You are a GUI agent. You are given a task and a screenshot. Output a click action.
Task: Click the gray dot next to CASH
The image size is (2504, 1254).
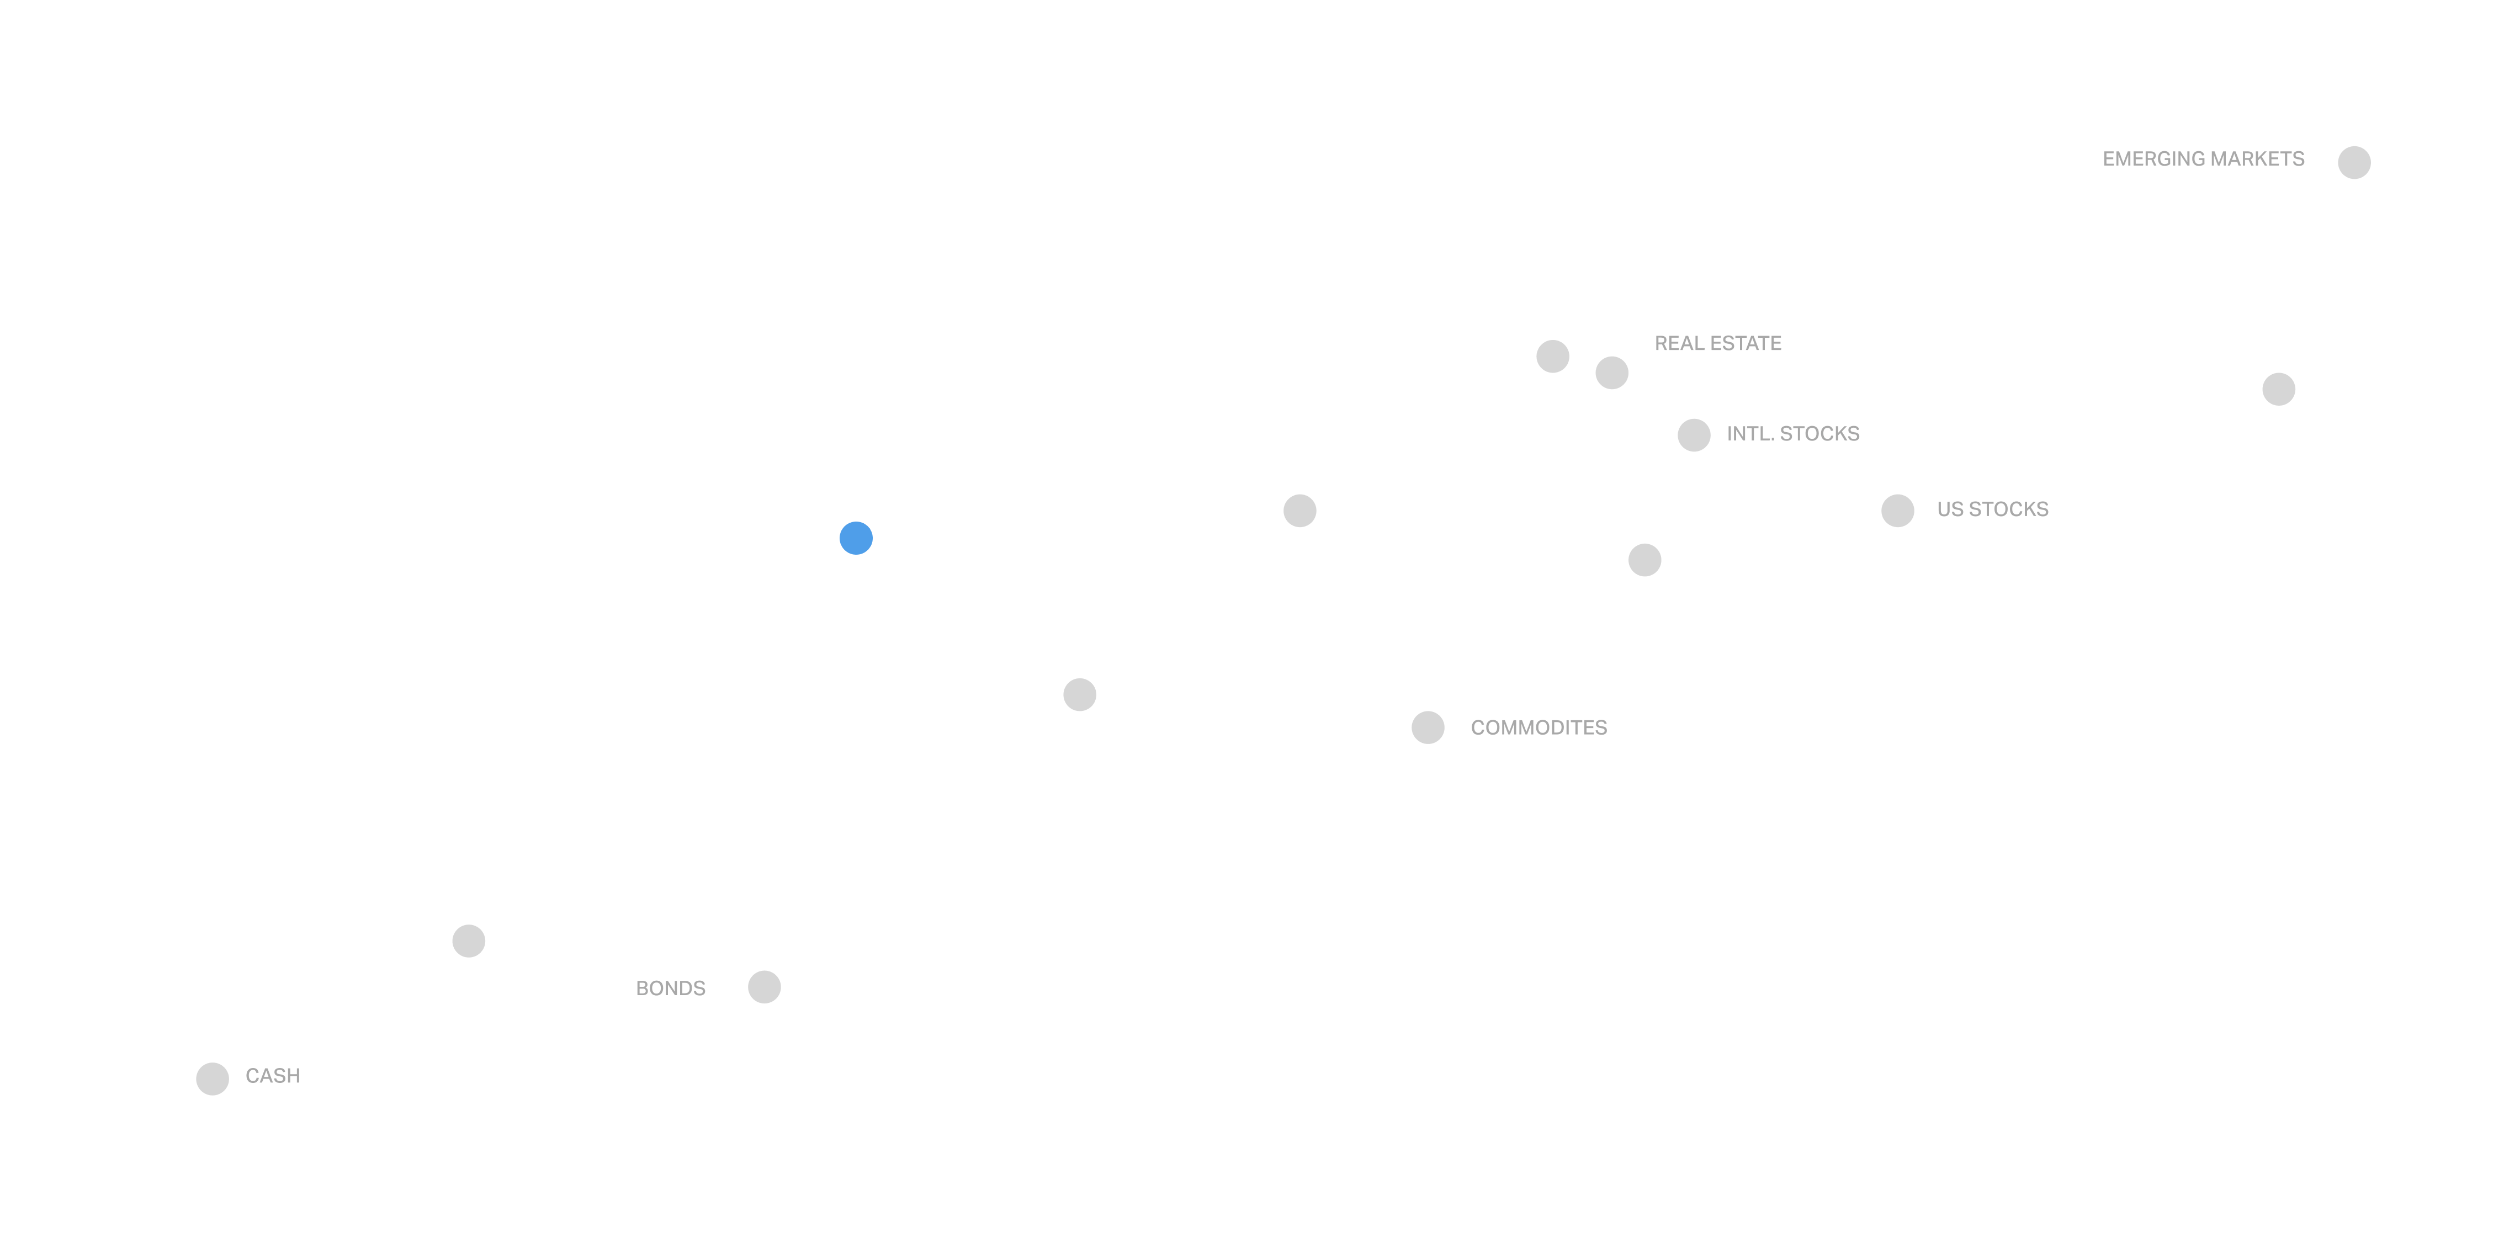coord(212,1078)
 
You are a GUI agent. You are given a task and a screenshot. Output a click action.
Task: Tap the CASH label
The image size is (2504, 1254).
coord(272,1075)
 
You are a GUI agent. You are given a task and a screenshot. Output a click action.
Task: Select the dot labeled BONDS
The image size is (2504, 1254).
coord(764,987)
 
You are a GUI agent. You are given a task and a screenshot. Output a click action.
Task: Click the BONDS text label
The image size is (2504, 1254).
coord(670,987)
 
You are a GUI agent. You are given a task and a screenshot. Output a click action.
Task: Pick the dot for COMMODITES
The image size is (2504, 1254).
coord(1427,727)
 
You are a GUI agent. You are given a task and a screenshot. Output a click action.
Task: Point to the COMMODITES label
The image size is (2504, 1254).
coord(1538,727)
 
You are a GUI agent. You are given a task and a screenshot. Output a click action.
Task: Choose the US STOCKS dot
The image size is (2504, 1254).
coord(1896,511)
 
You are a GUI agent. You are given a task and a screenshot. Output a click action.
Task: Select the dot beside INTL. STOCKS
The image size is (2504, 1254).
coord(1693,434)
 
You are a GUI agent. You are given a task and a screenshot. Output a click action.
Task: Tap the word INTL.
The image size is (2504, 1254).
coord(1745,434)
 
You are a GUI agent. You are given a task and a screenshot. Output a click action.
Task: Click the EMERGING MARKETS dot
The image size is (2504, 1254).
coord(2353,162)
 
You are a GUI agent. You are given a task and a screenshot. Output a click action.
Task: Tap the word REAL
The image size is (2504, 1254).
coord(1676,343)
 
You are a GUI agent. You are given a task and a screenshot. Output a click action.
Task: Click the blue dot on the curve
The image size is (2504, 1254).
coord(856,538)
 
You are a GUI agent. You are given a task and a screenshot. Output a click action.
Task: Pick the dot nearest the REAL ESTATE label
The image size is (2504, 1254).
coord(1611,373)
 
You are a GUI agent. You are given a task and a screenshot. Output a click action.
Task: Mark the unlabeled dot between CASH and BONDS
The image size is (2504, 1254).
coord(469,940)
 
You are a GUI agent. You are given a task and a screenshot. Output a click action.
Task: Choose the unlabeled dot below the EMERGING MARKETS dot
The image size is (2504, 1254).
coord(2278,389)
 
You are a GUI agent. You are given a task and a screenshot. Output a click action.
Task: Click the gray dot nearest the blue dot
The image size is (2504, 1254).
coord(1079,694)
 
